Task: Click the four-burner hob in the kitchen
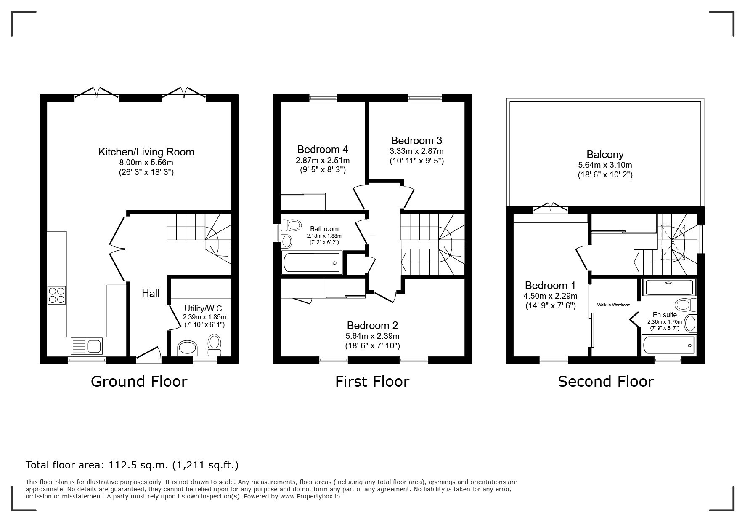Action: click(x=57, y=295)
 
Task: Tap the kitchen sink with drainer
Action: click(x=87, y=346)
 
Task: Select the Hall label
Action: click(x=151, y=294)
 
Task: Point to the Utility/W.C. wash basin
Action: click(x=188, y=348)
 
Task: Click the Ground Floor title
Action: click(x=139, y=382)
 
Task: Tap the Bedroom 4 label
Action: click(x=323, y=150)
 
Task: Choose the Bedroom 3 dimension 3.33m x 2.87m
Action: click(x=416, y=151)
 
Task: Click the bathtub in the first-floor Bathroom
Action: click(x=312, y=262)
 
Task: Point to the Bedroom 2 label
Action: click(x=372, y=325)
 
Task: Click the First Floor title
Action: click(x=372, y=382)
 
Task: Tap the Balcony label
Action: click(x=605, y=155)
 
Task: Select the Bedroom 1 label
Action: click(x=550, y=285)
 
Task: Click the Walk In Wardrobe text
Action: click(x=613, y=305)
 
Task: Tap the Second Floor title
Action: click(x=606, y=382)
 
